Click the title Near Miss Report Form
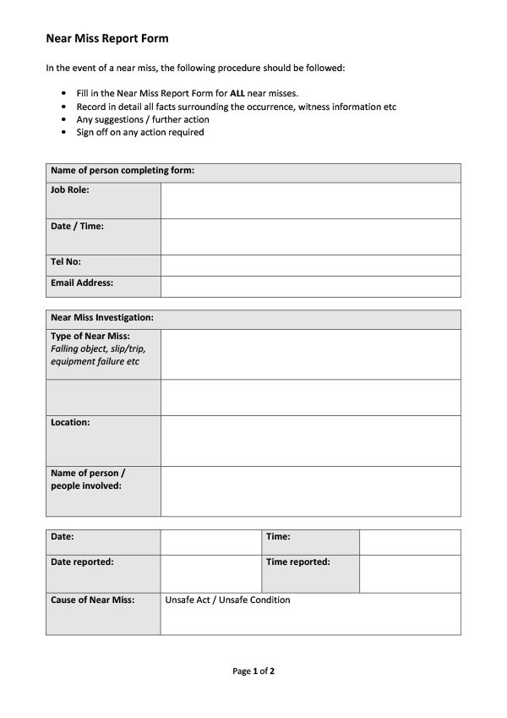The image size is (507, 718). pos(106,38)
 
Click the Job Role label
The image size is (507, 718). pos(70,190)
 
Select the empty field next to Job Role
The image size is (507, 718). pos(310,200)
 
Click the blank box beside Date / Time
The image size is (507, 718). pos(310,237)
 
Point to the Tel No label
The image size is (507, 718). pos(66,262)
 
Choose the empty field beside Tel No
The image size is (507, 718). pos(310,266)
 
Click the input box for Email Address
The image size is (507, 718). pos(310,287)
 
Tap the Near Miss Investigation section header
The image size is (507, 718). pos(102,318)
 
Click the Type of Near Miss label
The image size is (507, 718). pos(90,337)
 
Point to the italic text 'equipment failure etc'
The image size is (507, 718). pos(95,362)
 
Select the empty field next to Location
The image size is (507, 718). pos(310,441)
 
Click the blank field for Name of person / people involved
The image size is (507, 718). pos(310,491)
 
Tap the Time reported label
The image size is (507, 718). pos(297,562)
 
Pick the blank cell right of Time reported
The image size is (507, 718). pos(410,573)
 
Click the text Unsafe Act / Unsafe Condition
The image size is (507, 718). pos(227,600)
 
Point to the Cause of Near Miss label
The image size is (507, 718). pos(93,600)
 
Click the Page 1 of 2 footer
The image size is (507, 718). pos(253,671)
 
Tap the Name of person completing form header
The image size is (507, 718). pos(123,171)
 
